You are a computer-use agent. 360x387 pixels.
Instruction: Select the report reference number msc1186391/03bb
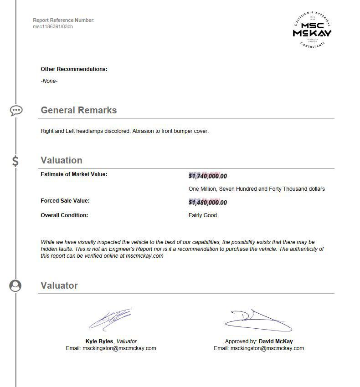(x=53, y=26)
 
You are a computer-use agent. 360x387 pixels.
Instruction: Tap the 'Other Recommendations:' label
(x=74, y=69)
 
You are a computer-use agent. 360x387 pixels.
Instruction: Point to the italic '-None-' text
(x=49, y=81)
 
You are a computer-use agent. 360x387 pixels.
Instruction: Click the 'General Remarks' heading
(x=78, y=110)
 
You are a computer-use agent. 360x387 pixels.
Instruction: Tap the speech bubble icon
(x=16, y=110)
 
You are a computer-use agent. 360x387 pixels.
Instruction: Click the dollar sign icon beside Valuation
(x=15, y=161)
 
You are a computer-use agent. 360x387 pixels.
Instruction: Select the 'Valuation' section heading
(x=62, y=160)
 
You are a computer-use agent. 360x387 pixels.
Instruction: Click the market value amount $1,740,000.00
(x=207, y=176)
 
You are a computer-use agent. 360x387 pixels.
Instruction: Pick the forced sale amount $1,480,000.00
(x=207, y=203)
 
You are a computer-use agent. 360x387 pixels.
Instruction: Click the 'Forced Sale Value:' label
(x=65, y=201)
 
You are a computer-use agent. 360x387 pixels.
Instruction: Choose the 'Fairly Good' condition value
(x=202, y=215)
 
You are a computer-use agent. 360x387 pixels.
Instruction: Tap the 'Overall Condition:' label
(x=64, y=215)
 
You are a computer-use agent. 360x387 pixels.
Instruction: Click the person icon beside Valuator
(x=15, y=285)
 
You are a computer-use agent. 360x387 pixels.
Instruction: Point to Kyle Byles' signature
(x=111, y=319)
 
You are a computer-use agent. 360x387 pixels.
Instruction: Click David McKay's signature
(x=258, y=321)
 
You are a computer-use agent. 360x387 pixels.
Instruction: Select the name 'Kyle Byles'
(x=99, y=341)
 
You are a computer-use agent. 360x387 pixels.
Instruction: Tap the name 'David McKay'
(x=276, y=341)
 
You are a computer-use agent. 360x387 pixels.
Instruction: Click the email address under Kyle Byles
(x=119, y=348)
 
